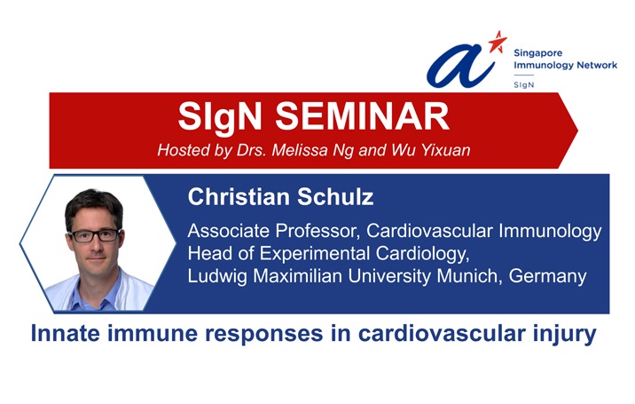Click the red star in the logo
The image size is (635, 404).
coord(498,42)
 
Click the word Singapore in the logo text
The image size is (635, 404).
coord(537,53)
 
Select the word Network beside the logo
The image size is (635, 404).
coord(597,65)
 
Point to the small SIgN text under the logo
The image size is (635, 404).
coord(523,84)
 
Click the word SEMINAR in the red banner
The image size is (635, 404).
coord(363,116)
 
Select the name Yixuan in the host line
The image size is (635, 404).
coord(445,150)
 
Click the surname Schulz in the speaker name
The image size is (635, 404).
coord(335,197)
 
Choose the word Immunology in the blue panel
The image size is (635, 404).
coord(550,231)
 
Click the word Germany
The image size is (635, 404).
coord(547,277)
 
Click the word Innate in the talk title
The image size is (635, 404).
coord(66,334)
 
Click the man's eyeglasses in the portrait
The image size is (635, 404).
coord(95,235)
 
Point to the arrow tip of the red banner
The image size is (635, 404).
coord(577,131)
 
